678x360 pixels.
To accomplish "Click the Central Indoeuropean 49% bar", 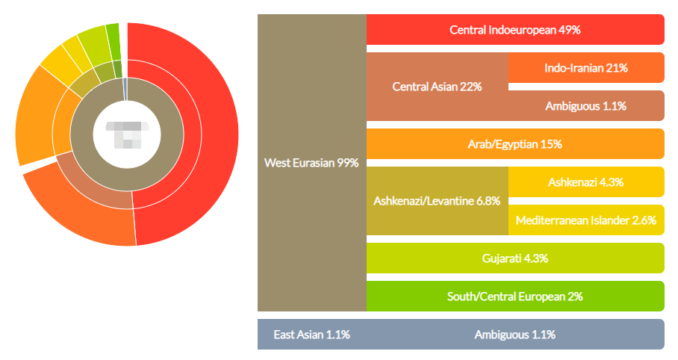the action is click(x=515, y=29).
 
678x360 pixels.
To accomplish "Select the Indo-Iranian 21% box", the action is click(x=586, y=67).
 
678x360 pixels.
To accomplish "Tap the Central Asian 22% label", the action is click(x=437, y=87).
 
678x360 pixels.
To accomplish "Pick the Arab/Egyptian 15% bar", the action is click(x=515, y=143).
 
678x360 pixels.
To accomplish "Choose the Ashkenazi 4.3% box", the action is click(x=586, y=181).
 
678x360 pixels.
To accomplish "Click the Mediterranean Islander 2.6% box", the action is click(x=586, y=220).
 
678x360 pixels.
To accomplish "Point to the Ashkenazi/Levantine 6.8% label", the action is click(x=437, y=201).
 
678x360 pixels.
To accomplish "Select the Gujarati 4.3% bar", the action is click(x=515, y=258).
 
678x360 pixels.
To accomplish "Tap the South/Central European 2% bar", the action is click(x=515, y=296).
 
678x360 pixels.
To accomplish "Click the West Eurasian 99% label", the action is click(x=311, y=163).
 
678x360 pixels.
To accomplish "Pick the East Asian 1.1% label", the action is click(x=311, y=334).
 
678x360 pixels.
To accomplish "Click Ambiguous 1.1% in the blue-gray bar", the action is click(x=515, y=334).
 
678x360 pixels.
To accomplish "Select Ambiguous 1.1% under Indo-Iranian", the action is click(x=586, y=106).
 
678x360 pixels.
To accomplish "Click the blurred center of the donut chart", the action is click(x=127, y=134).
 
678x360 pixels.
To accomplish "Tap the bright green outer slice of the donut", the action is click(x=113, y=42).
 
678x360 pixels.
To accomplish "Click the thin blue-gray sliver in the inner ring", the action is click(x=125, y=89).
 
